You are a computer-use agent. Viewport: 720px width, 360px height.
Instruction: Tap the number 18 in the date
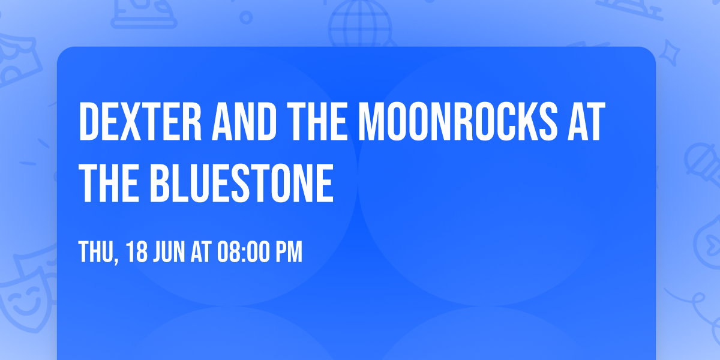pos(137,253)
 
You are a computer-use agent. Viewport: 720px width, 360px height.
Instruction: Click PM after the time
pos(288,253)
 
